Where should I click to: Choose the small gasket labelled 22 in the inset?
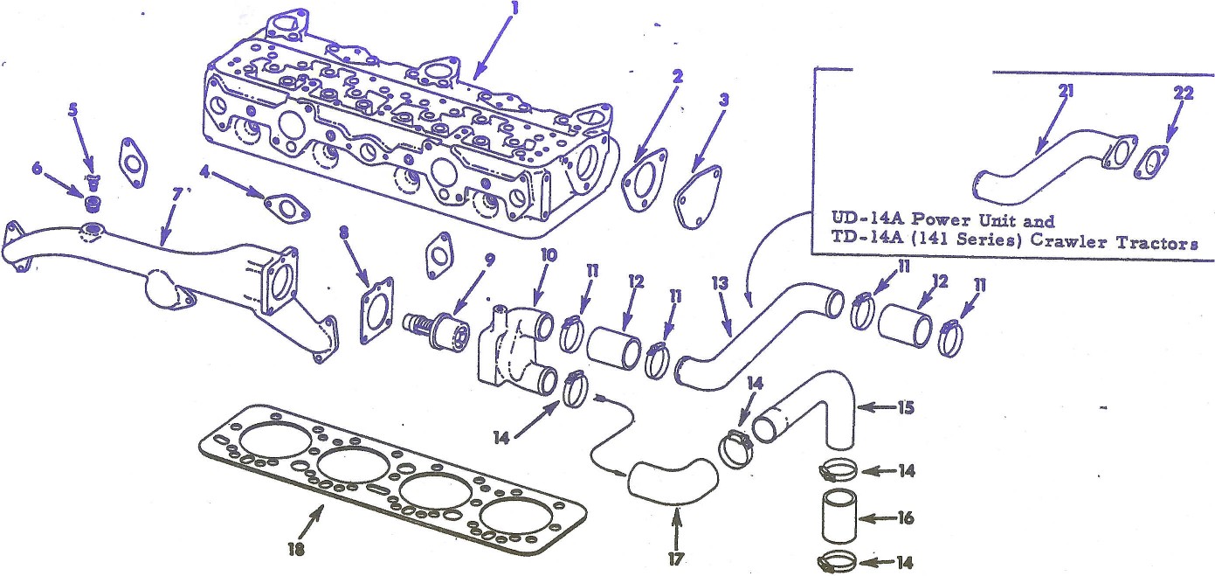1153,163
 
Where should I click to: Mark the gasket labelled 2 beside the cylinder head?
642,184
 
